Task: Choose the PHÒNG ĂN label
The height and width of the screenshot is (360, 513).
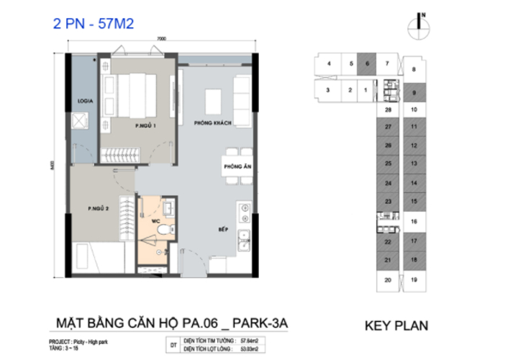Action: tap(237, 167)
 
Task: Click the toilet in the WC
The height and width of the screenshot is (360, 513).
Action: tap(165, 230)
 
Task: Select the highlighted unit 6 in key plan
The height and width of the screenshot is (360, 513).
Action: tap(367, 63)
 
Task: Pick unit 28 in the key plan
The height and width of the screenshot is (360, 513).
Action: tap(388, 110)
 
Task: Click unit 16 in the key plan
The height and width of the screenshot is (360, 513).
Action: tap(414, 223)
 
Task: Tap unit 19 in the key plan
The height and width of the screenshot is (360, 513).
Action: tap(414, 279)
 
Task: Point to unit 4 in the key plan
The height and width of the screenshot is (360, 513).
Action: tap(328, 63)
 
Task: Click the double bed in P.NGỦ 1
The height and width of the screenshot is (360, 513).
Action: tap(136, 94)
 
